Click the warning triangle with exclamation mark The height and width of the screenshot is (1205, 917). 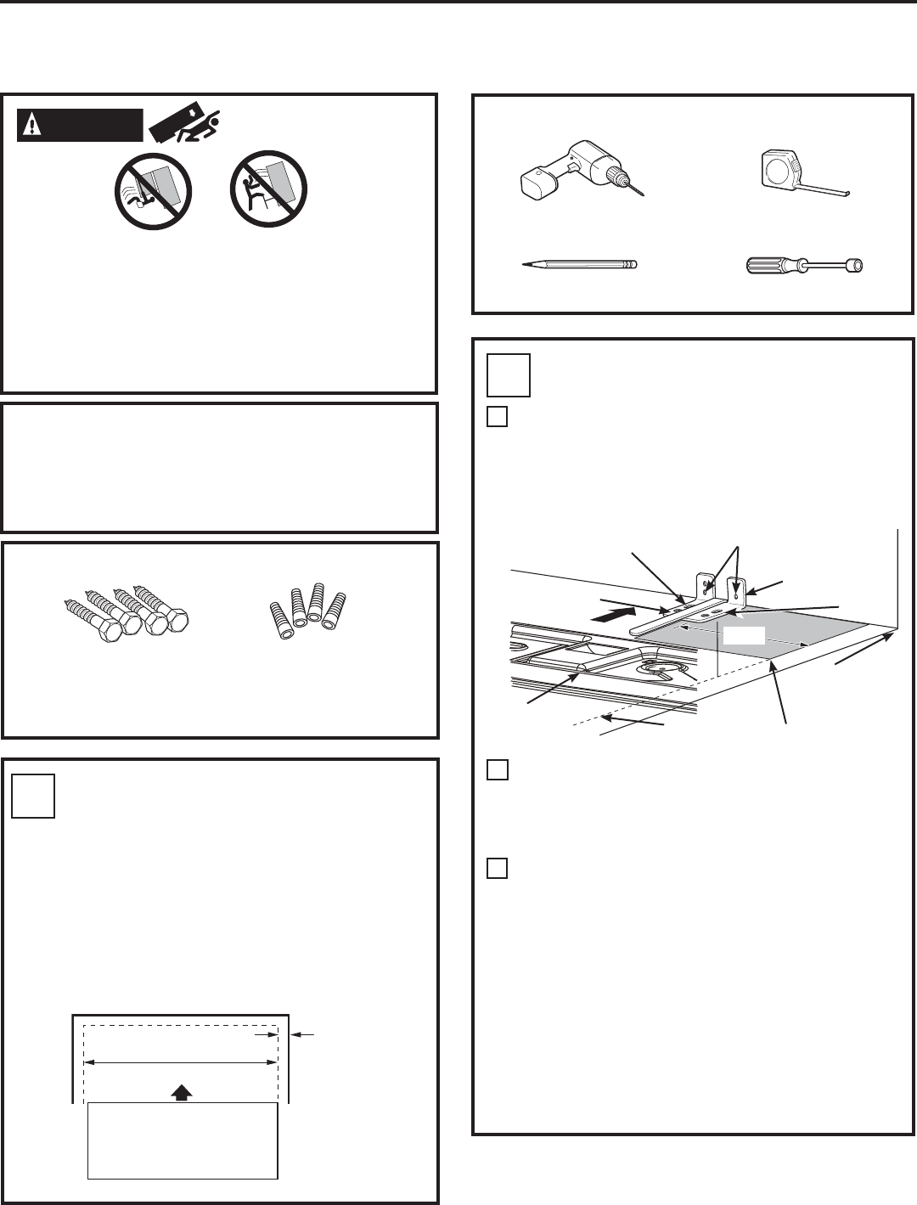pos(31,125)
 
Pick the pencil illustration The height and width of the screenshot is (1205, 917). pos(577,265)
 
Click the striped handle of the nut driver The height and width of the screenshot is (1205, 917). pos(769,266)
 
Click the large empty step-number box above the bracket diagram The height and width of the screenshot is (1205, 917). pos(509,374)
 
